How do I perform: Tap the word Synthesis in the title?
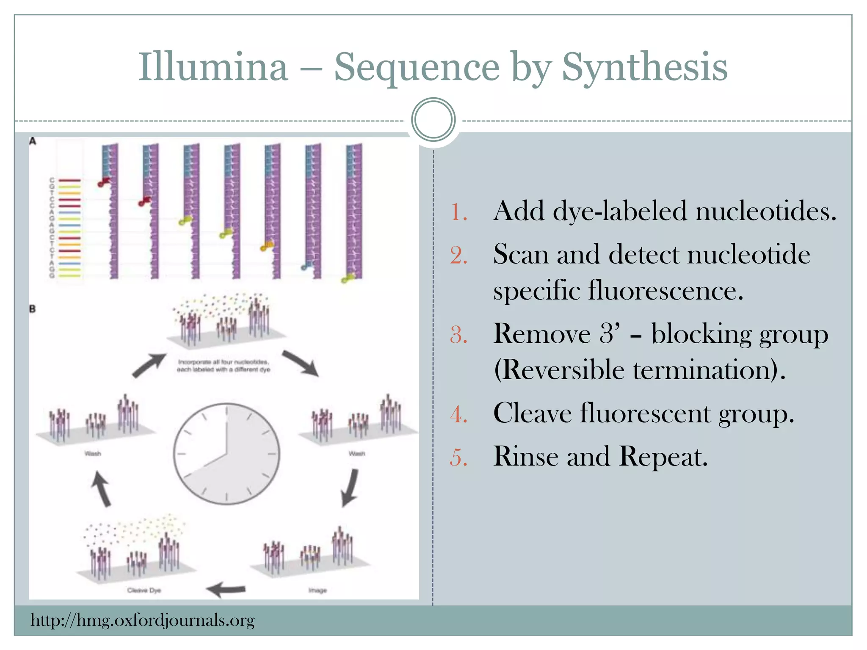click(644, 68)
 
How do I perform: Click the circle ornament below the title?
click(433, 120)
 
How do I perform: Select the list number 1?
click(458, 212)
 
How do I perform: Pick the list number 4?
click(458, 414)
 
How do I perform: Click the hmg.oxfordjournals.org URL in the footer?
click(143, 620)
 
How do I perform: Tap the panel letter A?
click(33, 141)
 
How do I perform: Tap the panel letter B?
click(33, 309)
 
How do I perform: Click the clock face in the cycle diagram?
click(226, 454)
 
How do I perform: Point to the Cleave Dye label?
click(144, 590)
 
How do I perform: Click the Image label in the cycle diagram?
click(318, 590)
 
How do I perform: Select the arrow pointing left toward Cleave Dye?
click(226, 589)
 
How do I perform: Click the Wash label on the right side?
click(357, 454)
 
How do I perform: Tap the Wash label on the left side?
click(93, 454)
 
